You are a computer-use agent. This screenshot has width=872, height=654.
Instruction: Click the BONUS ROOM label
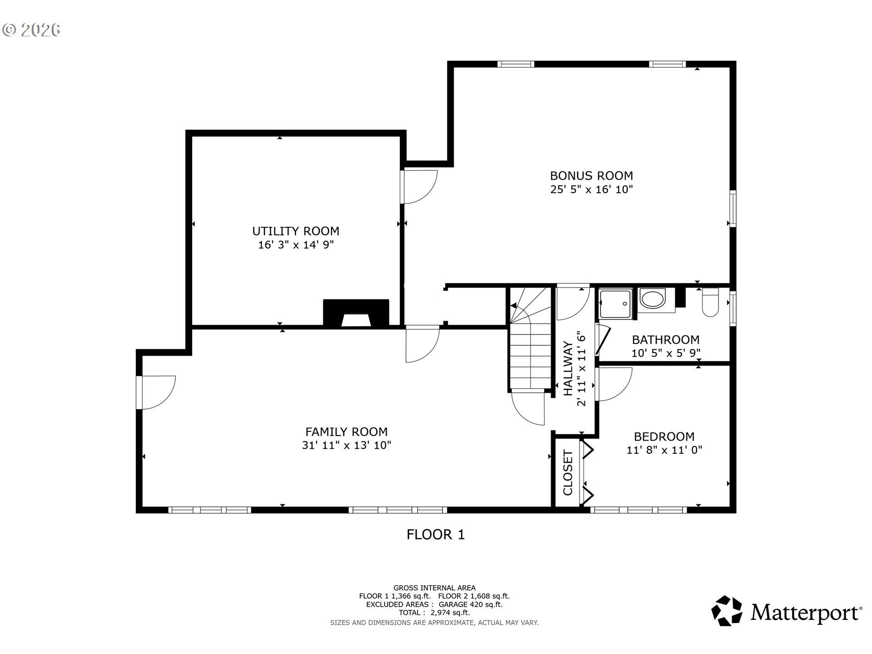591,176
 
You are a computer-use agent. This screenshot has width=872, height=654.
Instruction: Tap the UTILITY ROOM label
296,231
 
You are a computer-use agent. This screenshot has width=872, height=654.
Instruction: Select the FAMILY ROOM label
347,432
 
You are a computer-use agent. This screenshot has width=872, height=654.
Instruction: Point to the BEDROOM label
664,437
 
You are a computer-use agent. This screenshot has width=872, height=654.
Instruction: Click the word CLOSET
568,473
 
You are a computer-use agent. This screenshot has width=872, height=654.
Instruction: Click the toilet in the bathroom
710,302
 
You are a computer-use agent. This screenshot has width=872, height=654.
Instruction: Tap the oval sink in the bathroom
652,298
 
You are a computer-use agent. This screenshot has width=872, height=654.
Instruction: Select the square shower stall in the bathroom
616,304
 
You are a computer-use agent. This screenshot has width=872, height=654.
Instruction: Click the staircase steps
530,338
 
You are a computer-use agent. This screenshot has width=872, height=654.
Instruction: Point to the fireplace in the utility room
356,313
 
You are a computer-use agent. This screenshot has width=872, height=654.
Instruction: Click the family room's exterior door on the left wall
156,392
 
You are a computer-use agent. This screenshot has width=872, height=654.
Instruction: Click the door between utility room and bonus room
419,187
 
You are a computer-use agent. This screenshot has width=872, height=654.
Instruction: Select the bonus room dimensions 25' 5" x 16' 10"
591,189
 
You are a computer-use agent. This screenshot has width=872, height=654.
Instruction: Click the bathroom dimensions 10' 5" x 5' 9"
666,353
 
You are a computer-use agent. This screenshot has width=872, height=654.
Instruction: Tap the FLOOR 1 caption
436,535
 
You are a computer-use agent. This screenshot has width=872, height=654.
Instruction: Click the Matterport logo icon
727,611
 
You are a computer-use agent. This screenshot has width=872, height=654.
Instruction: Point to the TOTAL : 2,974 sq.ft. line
434,613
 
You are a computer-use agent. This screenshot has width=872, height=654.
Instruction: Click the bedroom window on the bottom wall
639,510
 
